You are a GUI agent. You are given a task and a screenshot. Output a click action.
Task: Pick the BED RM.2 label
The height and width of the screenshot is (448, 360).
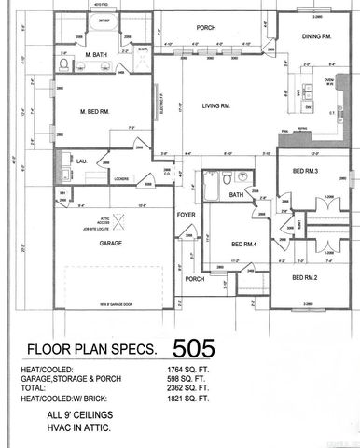tap(305, 278)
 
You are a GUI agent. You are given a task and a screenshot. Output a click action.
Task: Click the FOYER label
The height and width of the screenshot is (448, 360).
tap(186, 215)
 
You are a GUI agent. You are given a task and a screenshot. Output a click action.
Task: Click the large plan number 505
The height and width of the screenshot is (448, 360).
tap(194, 348)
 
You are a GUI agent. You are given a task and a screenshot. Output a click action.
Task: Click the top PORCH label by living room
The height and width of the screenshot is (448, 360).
tap(206, 28)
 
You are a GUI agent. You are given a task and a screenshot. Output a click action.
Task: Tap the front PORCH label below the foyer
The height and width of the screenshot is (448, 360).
tap(194, 279)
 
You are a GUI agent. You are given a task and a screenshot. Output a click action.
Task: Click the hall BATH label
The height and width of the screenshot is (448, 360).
tap(236, 194)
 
